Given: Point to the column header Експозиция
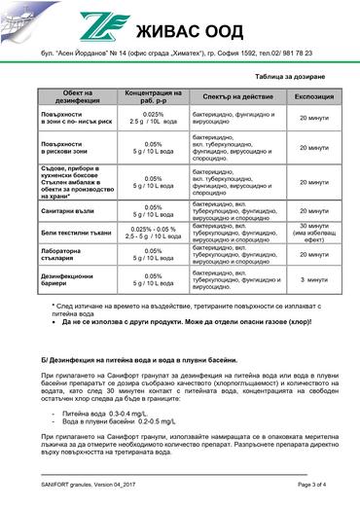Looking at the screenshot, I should (x=314, y=95).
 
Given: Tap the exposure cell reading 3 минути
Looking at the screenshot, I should (x=314, y=279).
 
